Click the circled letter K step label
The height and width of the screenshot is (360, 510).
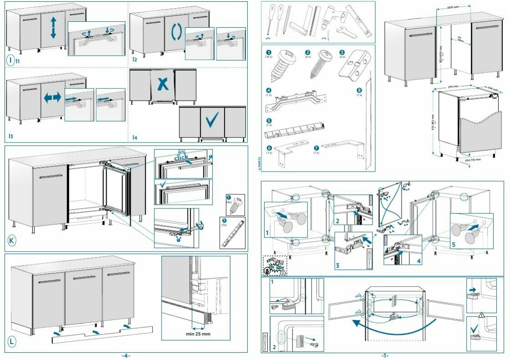(x=12, y=240)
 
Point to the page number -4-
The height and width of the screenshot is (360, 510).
(x=126, y=355)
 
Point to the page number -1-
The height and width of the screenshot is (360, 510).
(x=385, y=355)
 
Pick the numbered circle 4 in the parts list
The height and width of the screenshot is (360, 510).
(x=269, y=91)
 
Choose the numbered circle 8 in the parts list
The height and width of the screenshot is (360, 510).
(x=359, y=91)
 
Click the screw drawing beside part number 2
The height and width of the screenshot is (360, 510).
(x=317, y=68)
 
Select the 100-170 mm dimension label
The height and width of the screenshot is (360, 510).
(x=474, y=160)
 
